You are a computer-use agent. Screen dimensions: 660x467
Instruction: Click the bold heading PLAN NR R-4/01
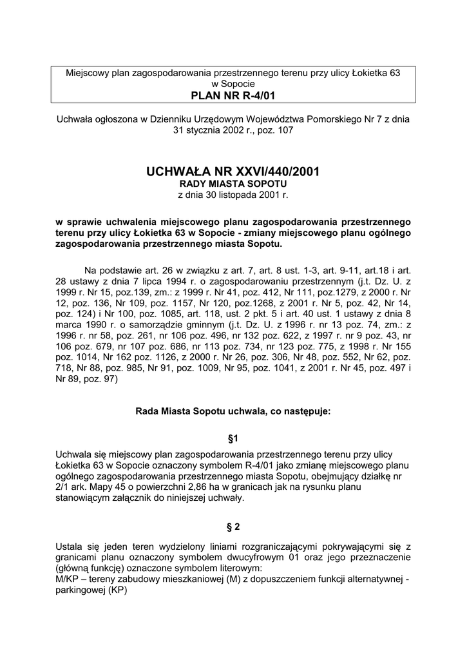click(x=233, y=96)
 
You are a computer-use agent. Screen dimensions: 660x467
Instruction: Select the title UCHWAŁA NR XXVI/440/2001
click(x=233, y=172)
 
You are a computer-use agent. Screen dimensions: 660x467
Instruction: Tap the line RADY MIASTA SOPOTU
click(x=233, y=184)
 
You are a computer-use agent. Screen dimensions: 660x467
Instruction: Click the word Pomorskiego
click(x=345, y=119)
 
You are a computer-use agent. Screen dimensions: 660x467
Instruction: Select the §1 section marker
click(x=233, y=438)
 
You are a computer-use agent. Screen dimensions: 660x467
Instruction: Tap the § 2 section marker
click(x=233, y=526)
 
